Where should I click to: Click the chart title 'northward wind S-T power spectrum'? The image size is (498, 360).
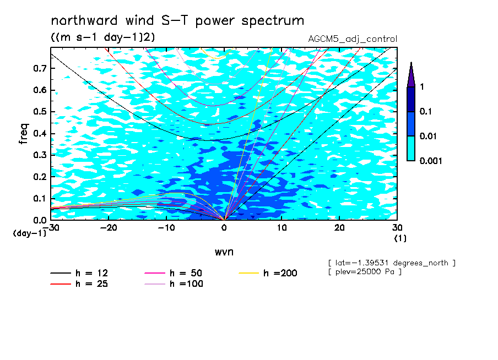177,21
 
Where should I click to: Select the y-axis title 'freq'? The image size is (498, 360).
24,134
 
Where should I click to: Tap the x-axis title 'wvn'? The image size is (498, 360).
224,252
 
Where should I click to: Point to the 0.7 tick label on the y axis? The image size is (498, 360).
40,68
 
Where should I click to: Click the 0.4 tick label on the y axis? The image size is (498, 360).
40,133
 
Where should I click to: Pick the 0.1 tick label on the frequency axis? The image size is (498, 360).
40,198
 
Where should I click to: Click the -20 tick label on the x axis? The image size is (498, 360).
109,228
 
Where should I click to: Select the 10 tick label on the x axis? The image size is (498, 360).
282,228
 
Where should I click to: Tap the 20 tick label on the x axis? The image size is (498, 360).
339,228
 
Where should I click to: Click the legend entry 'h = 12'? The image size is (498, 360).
79,273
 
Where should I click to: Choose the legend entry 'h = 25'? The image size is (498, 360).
79,283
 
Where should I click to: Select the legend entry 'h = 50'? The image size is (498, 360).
174,273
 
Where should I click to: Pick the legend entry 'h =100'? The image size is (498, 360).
174,283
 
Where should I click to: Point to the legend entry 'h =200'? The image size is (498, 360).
268,273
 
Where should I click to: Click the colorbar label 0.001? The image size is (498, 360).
431,161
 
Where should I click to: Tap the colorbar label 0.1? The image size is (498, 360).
426,111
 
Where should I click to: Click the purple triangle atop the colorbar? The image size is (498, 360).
411,75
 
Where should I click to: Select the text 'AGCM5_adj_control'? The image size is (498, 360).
353,39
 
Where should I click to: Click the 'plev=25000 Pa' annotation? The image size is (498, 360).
365,272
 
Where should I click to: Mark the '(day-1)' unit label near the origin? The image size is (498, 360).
30,233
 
